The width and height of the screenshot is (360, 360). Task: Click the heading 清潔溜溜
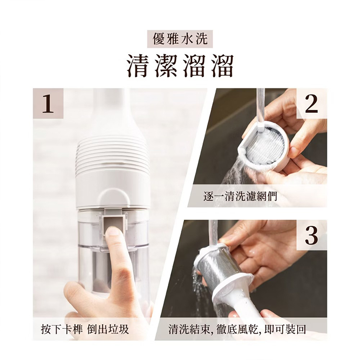coord(180,66)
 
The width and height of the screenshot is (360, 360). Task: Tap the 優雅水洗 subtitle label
coord(180,39)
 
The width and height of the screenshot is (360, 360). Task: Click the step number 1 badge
coord(48,104)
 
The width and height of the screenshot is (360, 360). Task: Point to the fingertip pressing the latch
coord(113,232)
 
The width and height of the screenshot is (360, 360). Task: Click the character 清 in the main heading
coord(137,66)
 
